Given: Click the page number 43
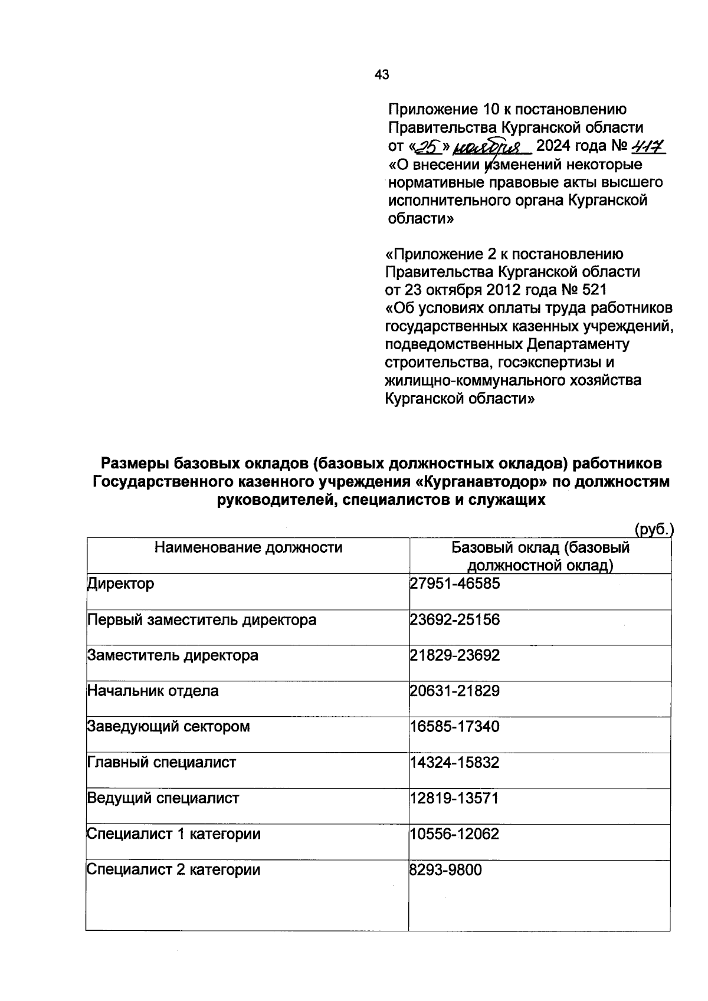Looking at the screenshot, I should pos(382,75).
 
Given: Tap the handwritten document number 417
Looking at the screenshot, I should pos(648,145).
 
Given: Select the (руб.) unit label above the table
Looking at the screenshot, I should pos(654,529).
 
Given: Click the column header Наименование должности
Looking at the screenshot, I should pos(248,547).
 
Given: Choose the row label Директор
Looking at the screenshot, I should pos(121,584).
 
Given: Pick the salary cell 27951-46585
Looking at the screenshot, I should pos(455,584).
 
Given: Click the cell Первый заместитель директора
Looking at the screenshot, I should pos(202,620).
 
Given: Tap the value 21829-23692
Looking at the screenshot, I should pos(455,655).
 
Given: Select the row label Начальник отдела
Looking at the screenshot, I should pos(153,691).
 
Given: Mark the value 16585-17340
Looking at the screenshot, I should pos(455,727).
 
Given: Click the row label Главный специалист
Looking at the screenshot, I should pos(162,763).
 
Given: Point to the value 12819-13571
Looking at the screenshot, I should pos(455,799).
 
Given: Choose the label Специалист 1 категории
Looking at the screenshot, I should pos(174,834).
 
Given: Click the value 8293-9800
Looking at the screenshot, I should pos(446,870).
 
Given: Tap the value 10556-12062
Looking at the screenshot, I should pos(455,834).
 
